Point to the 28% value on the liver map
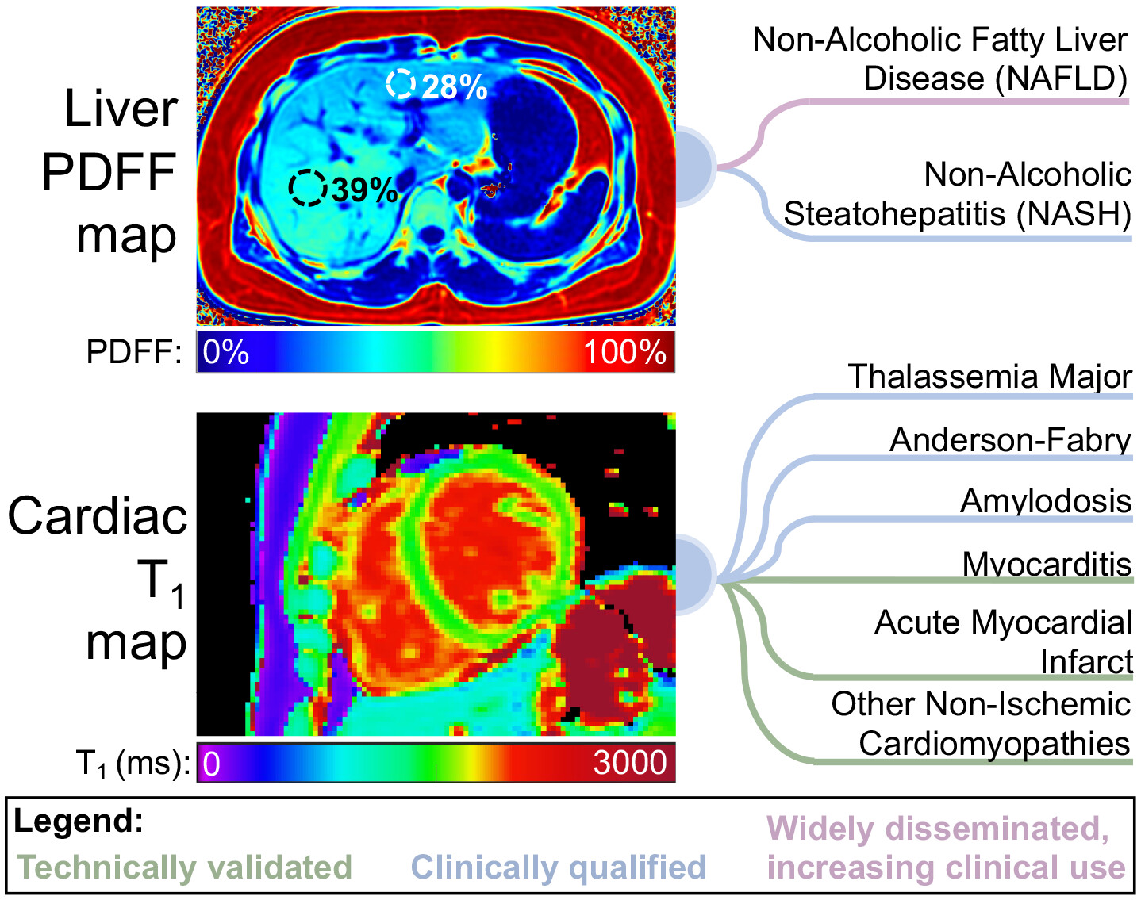click(x=455, y=87)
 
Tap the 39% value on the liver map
click(x=365, y=190)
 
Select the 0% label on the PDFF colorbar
click(x=226, y=351)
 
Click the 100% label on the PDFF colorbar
click(x=624, y=351)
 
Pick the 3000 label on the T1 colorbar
click(x=630, y=763)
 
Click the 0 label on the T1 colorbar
click(x=211, y=764)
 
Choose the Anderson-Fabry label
click(x=1011, y=440)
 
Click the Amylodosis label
click(x=1046, y=501)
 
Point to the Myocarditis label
click(x=1047, y=564)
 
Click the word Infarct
click(x=1086, y=661)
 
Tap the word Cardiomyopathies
click(x=995, y=745)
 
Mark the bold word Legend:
click(x=79, y=821)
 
